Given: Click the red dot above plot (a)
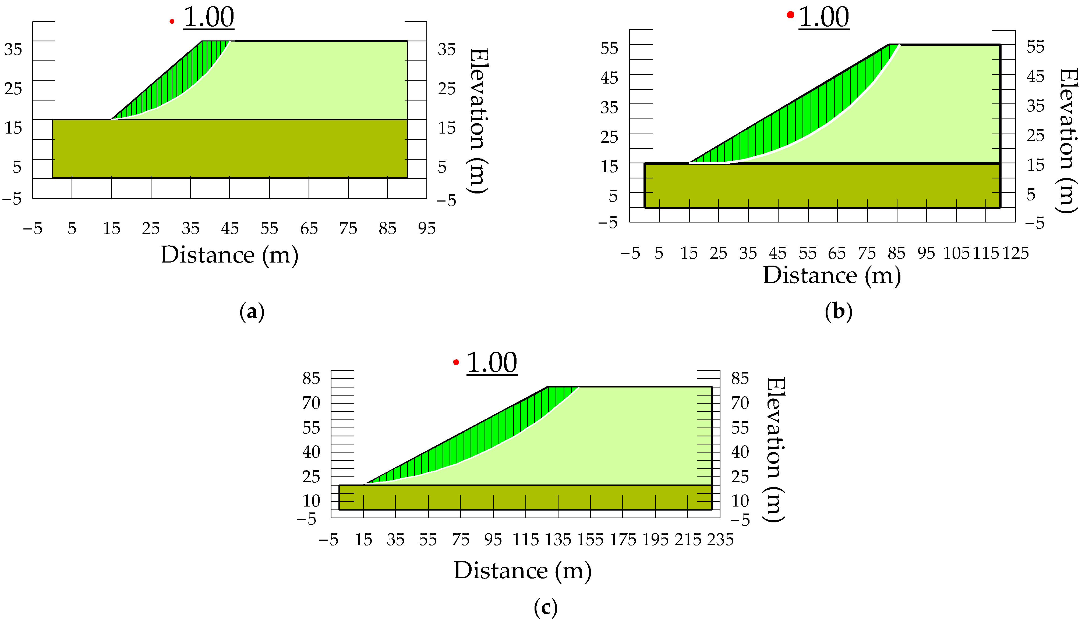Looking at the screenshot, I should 172,21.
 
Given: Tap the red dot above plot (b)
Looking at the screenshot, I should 790,15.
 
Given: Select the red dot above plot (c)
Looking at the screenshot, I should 456,362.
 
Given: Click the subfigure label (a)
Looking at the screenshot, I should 252,312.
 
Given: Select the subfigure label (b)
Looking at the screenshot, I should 839,312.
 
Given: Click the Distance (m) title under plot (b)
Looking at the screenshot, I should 832,275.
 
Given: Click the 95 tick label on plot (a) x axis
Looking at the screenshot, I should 427,229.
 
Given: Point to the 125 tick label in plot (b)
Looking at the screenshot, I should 1015,254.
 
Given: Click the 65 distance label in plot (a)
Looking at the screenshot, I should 309,229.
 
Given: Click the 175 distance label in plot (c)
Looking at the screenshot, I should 623,540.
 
